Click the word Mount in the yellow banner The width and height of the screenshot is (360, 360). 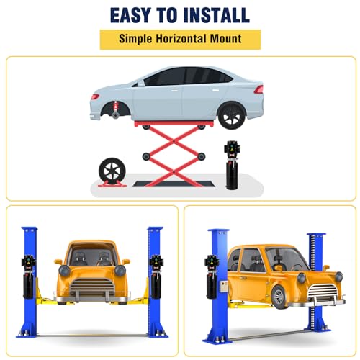click(226, 39)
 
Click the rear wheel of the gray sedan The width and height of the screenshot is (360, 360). click(232, 115)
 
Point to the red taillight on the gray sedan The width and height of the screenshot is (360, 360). click(258, 89)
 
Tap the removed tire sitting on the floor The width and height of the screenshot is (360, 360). click(112, 171)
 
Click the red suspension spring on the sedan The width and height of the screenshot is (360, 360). click(117, 107)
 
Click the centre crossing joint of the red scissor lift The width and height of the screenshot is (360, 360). click(174, 141)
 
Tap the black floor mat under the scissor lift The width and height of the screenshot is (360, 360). click(174, 184)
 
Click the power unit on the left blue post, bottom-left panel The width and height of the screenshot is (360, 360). click(29, 276)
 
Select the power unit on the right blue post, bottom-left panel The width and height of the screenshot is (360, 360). click(156, 276)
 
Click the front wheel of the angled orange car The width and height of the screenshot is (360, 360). click(279, 297)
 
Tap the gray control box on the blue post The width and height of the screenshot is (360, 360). click(224, 287)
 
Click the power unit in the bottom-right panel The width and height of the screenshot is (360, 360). click(212, 276)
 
